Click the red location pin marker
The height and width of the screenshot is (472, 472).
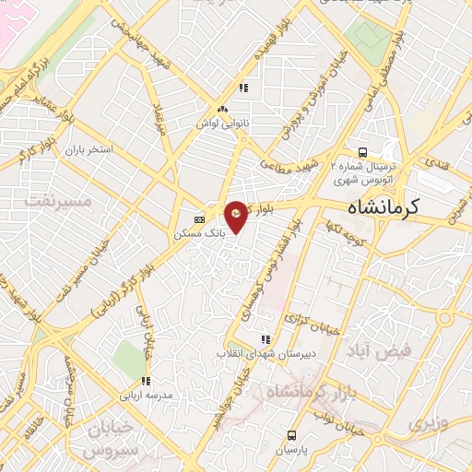coord(237,216)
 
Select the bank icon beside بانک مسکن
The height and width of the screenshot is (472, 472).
coord(200,219)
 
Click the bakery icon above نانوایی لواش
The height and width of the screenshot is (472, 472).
coord(243,88)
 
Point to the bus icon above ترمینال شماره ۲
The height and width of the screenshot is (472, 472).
coord(363,153)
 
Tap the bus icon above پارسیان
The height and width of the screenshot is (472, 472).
coord(292,435)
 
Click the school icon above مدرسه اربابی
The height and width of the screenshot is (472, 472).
coord(145,381)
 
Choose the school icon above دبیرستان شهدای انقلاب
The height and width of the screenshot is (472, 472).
coord(266,338)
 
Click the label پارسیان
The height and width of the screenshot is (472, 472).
coord(292,451)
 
